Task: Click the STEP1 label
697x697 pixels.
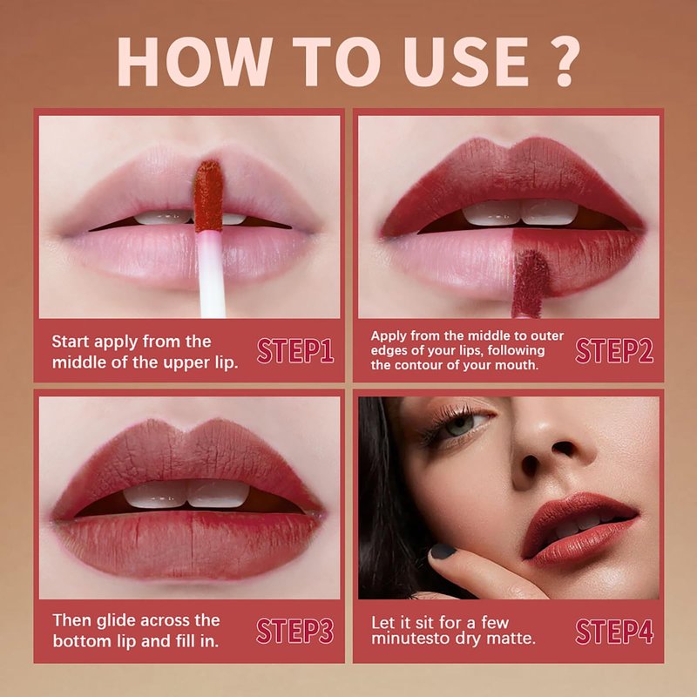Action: point(295,351)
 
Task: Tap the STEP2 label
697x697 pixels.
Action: point(614,351)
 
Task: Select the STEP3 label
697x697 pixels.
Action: point(295,631)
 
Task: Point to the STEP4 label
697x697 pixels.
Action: point(614,631)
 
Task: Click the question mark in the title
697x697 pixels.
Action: point(565,61)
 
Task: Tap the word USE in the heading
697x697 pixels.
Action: point(465,61)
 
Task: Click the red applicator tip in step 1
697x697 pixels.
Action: point(208,196)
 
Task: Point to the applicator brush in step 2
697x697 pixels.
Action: point(530,282)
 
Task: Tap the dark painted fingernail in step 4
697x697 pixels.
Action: point(443,552)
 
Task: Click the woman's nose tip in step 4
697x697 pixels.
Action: point(547,453)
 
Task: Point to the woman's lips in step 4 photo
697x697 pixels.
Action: point(579,530)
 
